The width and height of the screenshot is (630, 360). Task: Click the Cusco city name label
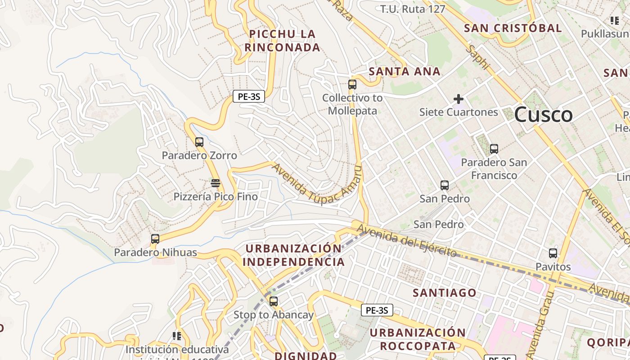point(543,115)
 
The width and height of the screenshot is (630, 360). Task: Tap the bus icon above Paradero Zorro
point(199,142)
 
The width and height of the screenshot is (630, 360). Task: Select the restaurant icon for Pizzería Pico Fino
point(216,183)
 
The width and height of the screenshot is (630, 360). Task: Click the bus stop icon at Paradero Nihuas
point(155,239)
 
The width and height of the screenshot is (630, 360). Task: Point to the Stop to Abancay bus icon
point(273,301)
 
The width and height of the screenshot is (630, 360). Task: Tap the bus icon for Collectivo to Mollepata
point(352,85)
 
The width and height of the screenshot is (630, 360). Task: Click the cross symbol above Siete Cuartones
point(459,99)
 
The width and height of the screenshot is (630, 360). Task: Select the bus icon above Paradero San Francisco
point(494,149)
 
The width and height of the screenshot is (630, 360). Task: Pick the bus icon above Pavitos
point(553,253)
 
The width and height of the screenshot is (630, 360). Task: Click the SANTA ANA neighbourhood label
point(405,72)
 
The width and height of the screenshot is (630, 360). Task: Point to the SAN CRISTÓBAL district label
point(513,28)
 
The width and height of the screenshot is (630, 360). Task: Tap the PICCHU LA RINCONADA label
point(283,40)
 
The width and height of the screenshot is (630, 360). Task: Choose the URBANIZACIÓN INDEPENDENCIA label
point(293,255)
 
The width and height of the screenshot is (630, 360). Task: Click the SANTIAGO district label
point(445,293)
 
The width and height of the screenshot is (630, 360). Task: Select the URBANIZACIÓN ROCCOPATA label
point(418,339)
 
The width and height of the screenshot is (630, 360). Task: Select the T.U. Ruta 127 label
point(413,9)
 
